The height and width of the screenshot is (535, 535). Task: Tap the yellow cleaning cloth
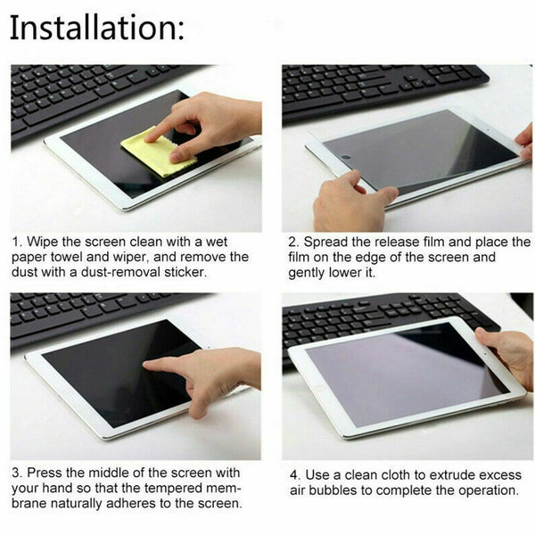[x=159, y=152]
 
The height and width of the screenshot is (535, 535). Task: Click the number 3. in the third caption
[x=17, y=473]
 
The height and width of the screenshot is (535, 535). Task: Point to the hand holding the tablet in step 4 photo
[x=508, y=352]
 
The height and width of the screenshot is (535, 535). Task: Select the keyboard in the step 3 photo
[x=89, y=317]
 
